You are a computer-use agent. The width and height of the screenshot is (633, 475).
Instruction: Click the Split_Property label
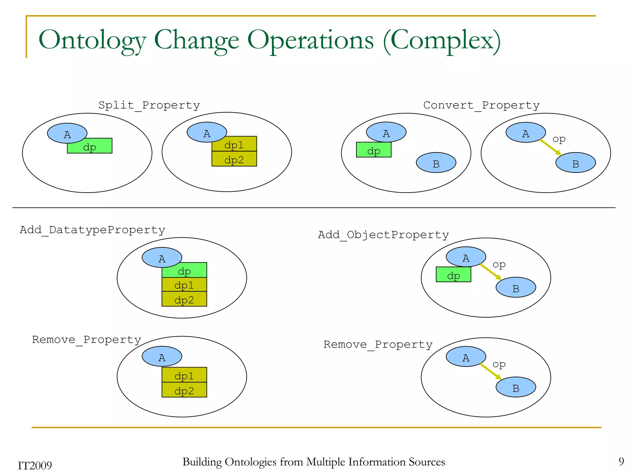149,105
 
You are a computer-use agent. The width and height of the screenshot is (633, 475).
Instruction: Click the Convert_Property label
481,105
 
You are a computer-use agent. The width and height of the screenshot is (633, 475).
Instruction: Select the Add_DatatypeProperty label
92,230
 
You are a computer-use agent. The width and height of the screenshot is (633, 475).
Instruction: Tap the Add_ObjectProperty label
383,235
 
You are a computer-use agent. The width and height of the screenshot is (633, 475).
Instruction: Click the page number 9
621,462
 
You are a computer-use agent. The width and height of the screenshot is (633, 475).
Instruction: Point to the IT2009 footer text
35,465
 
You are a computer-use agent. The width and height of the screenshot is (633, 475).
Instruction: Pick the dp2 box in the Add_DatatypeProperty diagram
184,299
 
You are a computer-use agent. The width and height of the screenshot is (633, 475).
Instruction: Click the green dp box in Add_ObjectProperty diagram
453,275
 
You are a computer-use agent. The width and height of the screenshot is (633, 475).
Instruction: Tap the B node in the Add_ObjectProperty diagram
516,288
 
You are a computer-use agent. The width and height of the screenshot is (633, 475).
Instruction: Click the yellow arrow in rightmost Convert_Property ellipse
550,147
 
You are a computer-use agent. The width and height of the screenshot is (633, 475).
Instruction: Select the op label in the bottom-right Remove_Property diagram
499,364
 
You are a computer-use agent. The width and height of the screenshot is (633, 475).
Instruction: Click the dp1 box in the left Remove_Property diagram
184,375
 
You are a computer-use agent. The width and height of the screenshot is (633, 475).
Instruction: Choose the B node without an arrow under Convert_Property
436,163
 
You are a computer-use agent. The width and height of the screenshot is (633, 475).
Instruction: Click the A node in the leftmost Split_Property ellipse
67,133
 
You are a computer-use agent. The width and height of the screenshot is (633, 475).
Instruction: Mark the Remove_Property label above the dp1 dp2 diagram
87,340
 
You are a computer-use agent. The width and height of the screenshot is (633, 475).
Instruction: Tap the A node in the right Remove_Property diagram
465,357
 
